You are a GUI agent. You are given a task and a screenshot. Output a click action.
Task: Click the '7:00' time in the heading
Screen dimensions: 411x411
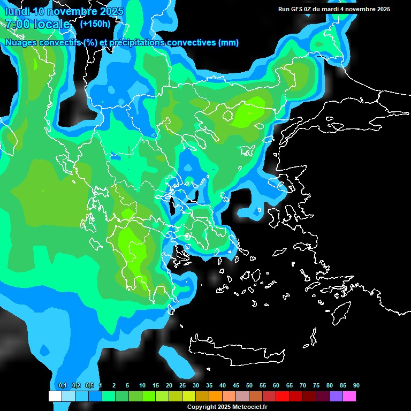[x=17, y=24]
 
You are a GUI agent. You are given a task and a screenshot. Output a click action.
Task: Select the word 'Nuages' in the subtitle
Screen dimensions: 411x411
[x=20, y=43]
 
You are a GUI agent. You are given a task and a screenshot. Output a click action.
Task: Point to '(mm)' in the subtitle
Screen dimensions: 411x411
[x=228, y=43]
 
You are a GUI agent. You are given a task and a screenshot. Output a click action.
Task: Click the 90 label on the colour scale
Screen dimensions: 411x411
[x=356, y=385]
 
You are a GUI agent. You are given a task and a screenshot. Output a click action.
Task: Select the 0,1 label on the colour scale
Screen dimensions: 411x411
[x=62, y=385]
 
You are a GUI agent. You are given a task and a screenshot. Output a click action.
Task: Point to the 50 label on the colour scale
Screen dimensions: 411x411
[x=249, y=385]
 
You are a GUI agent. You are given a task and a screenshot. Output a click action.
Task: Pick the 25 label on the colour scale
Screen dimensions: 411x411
[x=182, y=385]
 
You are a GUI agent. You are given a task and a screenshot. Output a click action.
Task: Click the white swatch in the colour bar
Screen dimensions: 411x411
[x=55, y=396]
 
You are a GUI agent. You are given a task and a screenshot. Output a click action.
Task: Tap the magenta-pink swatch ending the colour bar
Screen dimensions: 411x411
[x=349, y=396]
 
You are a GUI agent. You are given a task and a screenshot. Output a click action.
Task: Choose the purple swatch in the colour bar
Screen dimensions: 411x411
[x=336, y=396]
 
